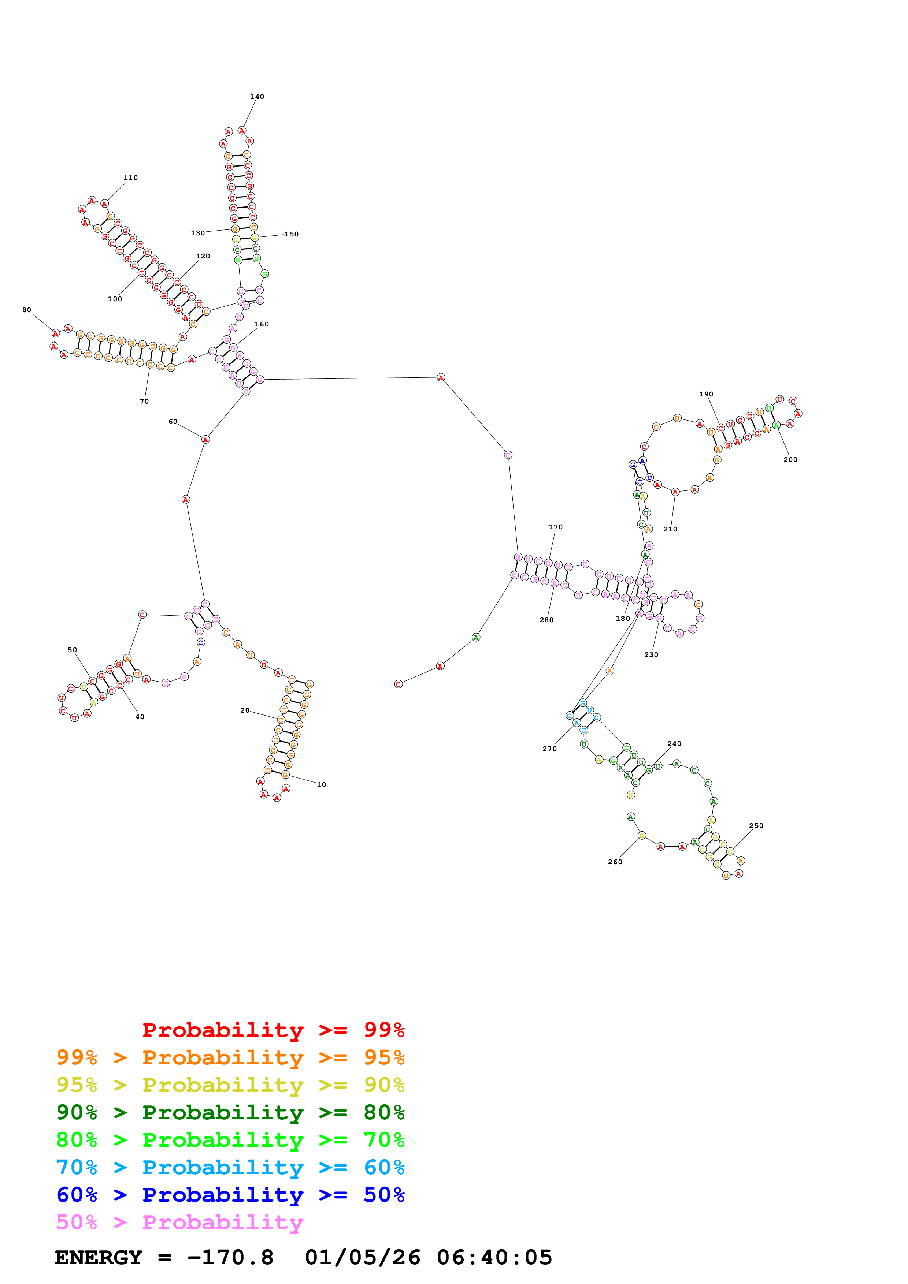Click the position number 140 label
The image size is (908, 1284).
[257, 97]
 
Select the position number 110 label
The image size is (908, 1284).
[130, 178]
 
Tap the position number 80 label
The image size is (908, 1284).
[27, 310]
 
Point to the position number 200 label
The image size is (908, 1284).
[790, 460]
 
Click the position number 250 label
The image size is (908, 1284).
[756, 825]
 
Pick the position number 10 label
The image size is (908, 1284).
[321, 785]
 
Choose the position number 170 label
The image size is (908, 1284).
[556, 527]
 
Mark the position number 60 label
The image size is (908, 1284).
[173, 422]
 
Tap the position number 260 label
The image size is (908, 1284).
[615, 862]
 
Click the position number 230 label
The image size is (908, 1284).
[651, 654]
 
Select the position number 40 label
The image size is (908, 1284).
[140, 717]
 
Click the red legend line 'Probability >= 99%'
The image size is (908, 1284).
[273, 1030]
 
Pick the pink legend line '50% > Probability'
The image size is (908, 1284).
[179, 1223]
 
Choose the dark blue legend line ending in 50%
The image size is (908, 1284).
[230, 1195]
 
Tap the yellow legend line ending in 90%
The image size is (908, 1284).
[230, 1085]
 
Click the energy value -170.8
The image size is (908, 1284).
[230, 1258]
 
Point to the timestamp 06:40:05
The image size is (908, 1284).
[494, 1258]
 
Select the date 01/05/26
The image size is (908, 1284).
[363, 1258]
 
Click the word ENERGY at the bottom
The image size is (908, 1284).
[99, 1258]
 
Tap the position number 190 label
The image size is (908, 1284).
[706, 394]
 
